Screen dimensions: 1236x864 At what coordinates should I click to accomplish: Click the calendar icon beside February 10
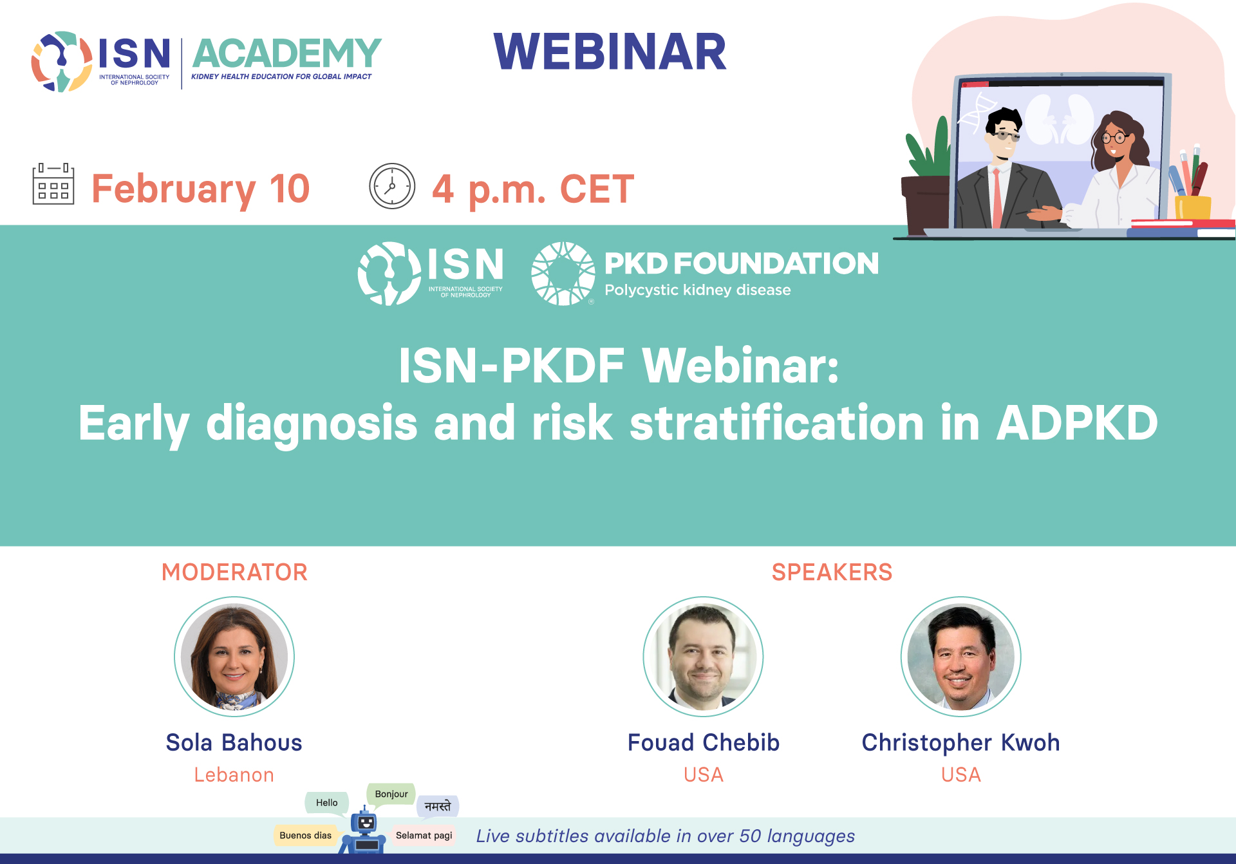53,184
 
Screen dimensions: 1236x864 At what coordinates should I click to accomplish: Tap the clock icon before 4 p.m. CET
392,186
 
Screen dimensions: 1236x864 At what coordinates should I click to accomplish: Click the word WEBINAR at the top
610,52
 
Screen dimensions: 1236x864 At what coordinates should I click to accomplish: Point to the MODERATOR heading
234,572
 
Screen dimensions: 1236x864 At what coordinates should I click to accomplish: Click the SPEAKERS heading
832,572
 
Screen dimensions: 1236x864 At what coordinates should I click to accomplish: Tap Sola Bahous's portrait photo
234,657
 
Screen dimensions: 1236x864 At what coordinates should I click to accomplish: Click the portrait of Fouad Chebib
703,657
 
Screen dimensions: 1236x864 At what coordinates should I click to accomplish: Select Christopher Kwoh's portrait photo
960,657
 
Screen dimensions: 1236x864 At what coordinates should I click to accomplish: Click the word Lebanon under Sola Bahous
234,775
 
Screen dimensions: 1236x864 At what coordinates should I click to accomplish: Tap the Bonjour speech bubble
391,794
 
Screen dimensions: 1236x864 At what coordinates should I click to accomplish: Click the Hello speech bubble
327,803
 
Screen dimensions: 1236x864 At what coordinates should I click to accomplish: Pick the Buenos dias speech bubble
306,835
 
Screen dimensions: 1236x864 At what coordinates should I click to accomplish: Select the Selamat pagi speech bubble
424,835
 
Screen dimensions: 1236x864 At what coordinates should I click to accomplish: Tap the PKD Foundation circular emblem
563,274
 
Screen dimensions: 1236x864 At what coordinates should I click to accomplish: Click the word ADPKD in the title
1077,423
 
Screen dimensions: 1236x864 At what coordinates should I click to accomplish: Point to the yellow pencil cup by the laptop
1193,207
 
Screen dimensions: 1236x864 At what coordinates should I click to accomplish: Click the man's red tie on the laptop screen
997,197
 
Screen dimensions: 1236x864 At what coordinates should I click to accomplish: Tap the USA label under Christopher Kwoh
961,775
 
